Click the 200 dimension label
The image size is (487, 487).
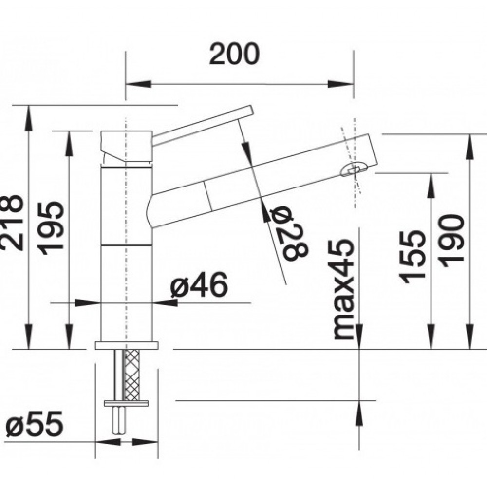[234, 54]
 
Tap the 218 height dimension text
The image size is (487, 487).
[12, 223]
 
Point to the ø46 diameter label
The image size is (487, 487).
[199, 284]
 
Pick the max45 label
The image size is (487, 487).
[343, 289]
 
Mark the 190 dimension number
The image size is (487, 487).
[452, 241]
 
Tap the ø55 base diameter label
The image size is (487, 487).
[34, 424]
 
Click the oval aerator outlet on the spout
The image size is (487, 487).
[354, 169]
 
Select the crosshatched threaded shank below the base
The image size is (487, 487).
[131, 375]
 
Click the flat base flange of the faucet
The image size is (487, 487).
[127, 345]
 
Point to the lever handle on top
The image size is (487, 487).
[203, 125]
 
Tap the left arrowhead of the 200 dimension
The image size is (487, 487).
[138, 84]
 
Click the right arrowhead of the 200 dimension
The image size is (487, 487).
[341, 84]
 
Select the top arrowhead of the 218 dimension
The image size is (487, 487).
[29, 118]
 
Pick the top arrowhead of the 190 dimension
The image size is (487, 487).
[470, 147]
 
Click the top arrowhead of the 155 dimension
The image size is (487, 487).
[431, 186]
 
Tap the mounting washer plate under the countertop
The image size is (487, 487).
[127, 403]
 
